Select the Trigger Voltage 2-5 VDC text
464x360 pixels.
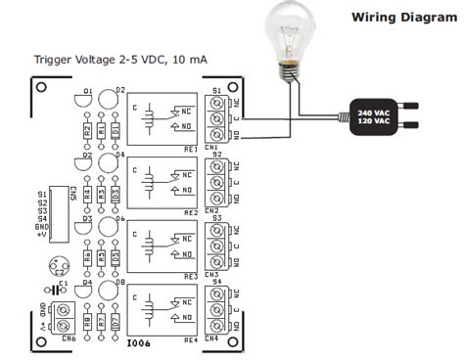tap(120, 61)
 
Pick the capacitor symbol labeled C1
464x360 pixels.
tap(59, 290)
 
